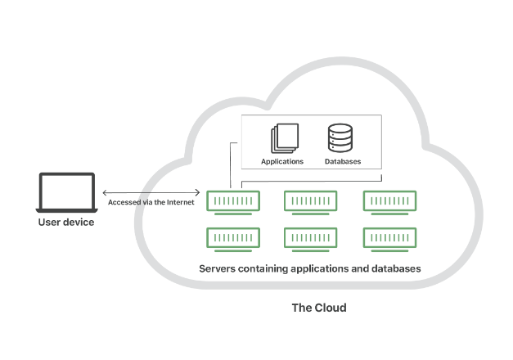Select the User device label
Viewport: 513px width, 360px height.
click(x=66, y=222)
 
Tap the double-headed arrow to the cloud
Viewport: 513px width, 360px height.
click(x=152, y=191)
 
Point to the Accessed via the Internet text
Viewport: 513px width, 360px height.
click(x=151, y=202)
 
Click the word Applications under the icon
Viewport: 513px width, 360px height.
click(x=282, y=161)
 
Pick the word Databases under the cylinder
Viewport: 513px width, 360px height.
click(x=343, y=161)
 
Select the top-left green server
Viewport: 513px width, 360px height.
click(x=233, y=200)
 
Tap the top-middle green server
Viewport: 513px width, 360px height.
click(x=311, y=200)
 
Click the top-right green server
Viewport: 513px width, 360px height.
click(x=389, y=200)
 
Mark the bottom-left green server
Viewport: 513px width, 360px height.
click(x=233, y=237)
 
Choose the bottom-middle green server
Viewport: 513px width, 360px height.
click(x=311, y=237)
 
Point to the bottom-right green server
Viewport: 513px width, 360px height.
click(x=389, y=237)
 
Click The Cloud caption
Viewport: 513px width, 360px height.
click(x=319, y=308)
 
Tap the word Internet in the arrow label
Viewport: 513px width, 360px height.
click(x=180, y=202)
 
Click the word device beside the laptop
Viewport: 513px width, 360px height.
click(x=79, y=222)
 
